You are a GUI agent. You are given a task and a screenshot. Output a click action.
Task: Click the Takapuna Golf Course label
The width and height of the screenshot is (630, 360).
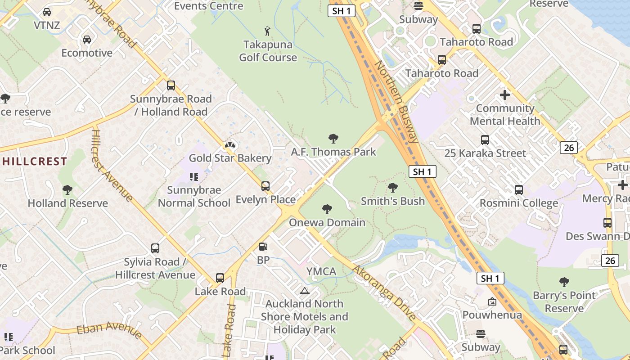point(268,51)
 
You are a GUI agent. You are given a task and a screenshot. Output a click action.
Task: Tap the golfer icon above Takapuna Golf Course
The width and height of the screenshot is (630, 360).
point(268,31)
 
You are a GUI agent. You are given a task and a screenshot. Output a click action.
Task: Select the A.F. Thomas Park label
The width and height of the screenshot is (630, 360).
point(333,152)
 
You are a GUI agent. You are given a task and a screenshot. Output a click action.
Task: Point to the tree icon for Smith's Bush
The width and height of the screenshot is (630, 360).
point(393,187)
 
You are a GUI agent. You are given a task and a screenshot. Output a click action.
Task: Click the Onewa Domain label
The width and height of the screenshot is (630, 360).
point(327,222)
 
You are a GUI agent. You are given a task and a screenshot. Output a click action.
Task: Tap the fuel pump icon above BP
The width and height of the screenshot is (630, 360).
point(263,246)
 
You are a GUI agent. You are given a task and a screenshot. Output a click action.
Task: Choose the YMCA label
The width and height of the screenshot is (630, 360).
point(321,271)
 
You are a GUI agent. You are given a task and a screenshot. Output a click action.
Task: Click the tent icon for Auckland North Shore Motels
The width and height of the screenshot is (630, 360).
point(305,291)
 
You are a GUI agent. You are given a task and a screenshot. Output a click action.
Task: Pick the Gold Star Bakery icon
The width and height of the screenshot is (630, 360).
point(230,145)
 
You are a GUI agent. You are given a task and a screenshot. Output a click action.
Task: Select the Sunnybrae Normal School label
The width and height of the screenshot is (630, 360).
point(194,197)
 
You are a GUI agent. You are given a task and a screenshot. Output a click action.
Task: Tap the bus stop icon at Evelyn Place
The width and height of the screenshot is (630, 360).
point(265,186)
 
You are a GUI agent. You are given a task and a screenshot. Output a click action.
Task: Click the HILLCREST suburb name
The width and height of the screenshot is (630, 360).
point(34,161)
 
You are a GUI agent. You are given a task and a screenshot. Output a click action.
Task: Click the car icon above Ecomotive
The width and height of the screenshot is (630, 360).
point(87,40)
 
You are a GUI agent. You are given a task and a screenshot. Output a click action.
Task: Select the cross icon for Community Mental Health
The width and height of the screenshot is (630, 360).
point(505,95)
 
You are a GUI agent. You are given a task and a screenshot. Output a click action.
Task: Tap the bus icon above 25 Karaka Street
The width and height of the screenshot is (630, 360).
point(485,140)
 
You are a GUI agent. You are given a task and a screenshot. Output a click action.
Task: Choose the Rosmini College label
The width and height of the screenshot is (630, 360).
point(519,203)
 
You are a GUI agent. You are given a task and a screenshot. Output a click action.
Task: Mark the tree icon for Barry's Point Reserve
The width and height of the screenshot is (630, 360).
point(564,282)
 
